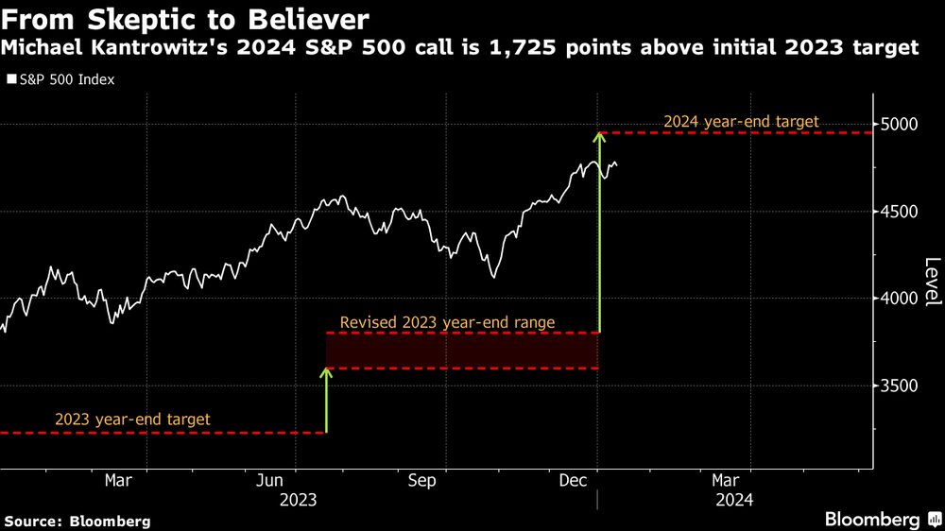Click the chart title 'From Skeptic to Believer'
click(x=185, y=19)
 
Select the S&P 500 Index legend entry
click(x=61, y=80)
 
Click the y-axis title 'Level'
click(x=932, y=282)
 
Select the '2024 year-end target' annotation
click(x=741, y=122)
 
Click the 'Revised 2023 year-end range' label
click(x=447, y=323)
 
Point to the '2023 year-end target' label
click(x=132, y=420)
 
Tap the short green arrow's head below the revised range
click(x=326, y=373)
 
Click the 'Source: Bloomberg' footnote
click(x=77, y=521)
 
